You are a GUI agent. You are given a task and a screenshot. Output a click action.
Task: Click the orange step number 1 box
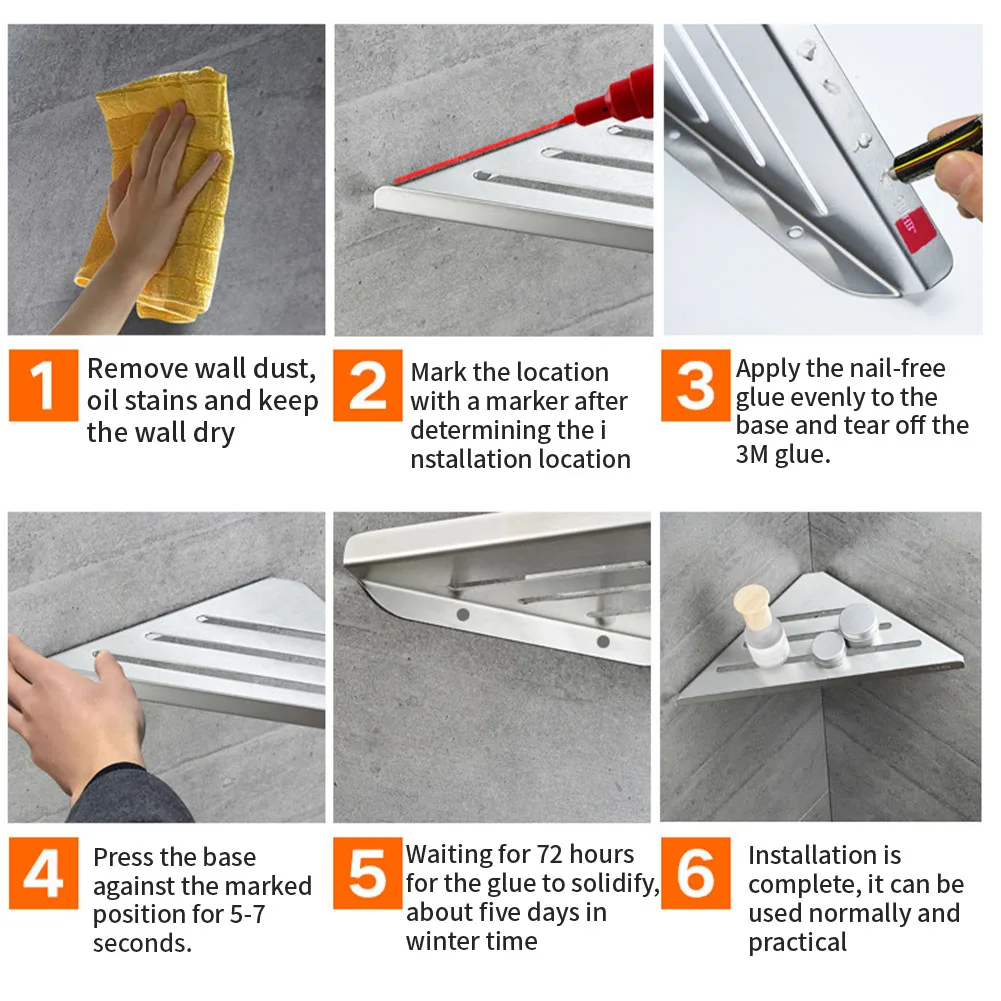click(x=43, y=385)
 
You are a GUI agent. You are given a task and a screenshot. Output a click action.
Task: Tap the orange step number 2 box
click(x=368, y=385)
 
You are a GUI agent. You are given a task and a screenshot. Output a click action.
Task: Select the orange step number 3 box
click(x=696, y=385)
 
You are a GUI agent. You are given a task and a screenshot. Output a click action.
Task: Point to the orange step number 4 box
click(x=43, y=873)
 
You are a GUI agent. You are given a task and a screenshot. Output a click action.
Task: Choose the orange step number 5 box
click(x=368, y=873)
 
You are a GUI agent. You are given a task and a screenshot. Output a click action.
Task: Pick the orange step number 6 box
click(x=696, y=873)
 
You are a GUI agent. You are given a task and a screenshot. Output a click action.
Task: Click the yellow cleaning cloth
click(x=160, y=192)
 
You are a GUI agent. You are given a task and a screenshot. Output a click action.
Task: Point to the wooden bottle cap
click(x=752, y=605)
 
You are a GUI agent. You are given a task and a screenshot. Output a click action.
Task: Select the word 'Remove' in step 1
click(x=138, y=368)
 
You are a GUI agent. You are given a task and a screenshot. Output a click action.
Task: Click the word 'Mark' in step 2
click(x=438, y=372)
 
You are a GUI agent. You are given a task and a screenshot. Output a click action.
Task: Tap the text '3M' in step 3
click(x=751, y=454)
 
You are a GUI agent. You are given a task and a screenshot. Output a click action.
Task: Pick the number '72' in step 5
click(x=550, y=854)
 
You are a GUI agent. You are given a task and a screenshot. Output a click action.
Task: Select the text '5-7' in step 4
click(x=246, y=914)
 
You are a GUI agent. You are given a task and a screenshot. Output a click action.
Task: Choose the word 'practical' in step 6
click(x=797, y=943)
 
